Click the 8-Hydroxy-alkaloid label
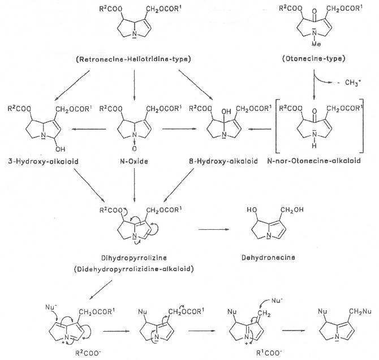[217, 162]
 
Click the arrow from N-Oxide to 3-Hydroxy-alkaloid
[90, 129]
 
